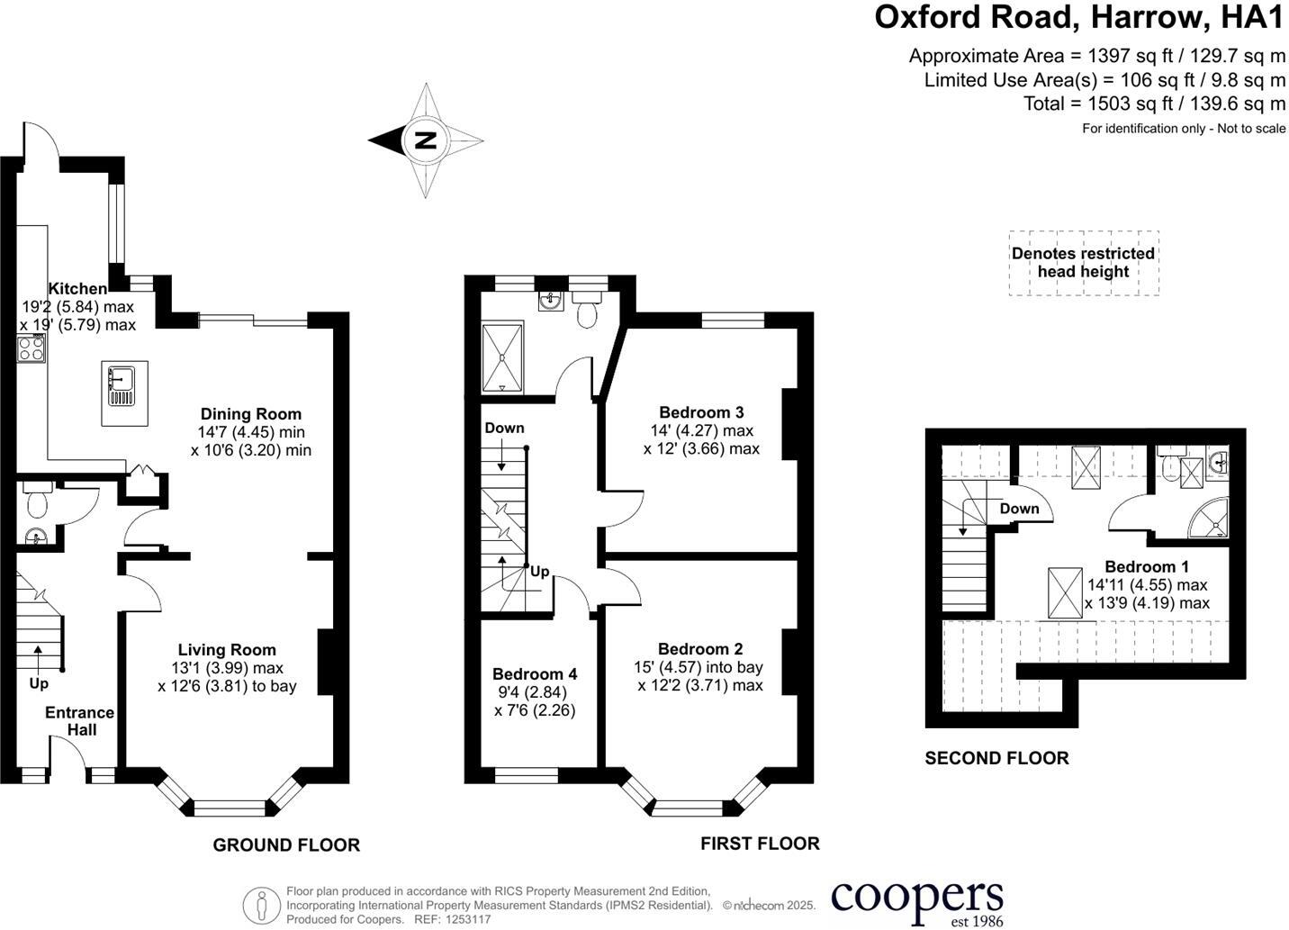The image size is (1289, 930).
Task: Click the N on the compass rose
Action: (426, 140)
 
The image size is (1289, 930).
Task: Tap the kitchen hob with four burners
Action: (32, 348)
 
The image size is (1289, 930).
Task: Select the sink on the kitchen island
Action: (121, 385)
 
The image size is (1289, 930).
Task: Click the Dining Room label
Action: (251, 414)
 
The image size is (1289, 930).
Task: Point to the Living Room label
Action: (227, 650)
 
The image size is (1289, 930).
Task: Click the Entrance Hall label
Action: (80, 721)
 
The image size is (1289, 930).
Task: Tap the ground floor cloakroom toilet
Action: (38, 501)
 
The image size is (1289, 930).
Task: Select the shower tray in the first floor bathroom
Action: (502, 357)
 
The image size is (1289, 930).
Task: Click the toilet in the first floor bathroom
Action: (586, 309)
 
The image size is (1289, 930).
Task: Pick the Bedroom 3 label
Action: (701, 412)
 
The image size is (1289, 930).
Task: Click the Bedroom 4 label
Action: (535, 674)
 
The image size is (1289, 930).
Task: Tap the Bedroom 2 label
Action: (700, 648)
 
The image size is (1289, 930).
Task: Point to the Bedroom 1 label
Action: (1147, 566)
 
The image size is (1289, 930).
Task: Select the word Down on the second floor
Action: (1020, 508)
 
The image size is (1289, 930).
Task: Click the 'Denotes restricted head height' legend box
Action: (1084, 263)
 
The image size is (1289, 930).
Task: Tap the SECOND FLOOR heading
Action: (996, 758)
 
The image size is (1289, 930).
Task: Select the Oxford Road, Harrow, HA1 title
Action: (1080, 17)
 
